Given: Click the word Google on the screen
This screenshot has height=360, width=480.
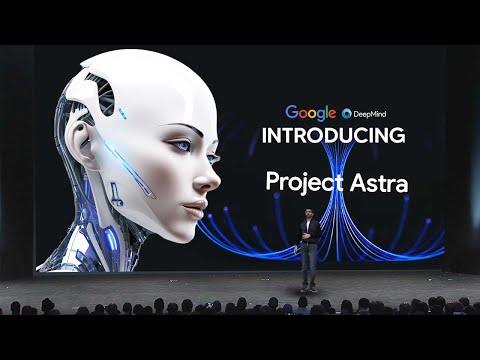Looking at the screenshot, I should (309, 113).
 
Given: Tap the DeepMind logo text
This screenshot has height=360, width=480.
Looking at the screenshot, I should (365, 114).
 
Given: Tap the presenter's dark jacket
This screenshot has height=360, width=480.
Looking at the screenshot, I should (309, 236).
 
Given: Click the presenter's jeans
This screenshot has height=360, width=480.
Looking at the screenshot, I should (309, 265).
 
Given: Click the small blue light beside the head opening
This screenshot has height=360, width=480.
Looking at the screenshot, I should (122, 108).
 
